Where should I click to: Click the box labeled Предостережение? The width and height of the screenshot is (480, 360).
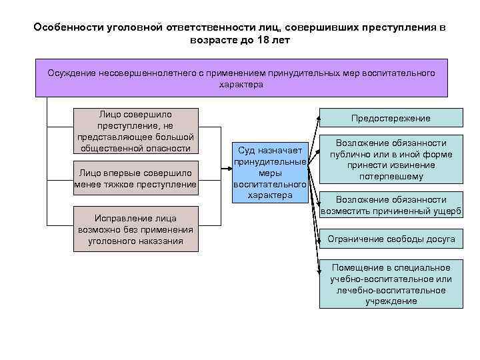click(391, 118)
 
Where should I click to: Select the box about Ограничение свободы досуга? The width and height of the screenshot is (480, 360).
click(391, 239)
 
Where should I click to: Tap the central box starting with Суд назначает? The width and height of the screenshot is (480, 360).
click(270, 171)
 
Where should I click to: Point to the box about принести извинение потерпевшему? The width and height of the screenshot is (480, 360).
click(391, 160)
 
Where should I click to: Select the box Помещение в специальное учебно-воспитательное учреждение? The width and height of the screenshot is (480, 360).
click(391, 284)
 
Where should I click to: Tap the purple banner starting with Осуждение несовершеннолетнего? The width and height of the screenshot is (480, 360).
click(241, 78)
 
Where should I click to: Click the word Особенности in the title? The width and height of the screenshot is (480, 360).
click(63, 28)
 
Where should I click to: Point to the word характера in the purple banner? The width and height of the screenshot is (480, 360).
click(241, 85)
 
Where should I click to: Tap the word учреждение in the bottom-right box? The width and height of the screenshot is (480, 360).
click(391, 301)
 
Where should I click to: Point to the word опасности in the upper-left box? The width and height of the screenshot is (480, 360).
click(169, 148)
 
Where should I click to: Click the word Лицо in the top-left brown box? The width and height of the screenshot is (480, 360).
click(110, 113)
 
